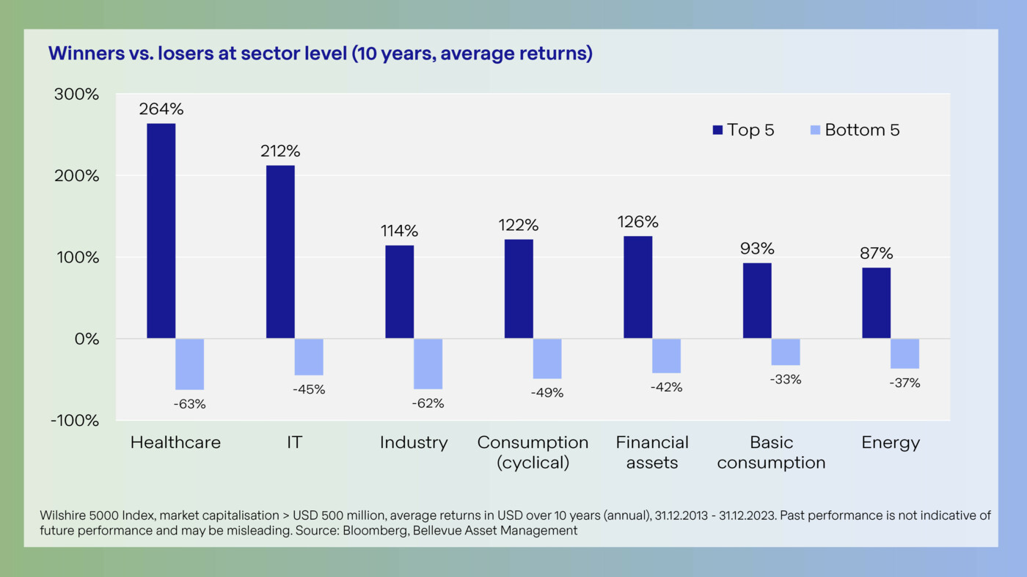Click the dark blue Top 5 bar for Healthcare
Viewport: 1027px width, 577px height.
pos(161,231)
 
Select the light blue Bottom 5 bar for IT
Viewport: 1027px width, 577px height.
pos(309,357)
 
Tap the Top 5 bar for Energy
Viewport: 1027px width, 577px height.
pos(876,303)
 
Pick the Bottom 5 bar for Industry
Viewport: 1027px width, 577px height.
pos(428,364)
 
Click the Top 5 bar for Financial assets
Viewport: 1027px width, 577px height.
pos(637,287)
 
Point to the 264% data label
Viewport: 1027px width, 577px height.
pos(161,109)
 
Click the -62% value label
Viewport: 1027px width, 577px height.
pos(428,403)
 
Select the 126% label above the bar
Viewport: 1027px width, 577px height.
pos(637,221)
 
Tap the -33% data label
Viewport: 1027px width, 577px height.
pos(786,380)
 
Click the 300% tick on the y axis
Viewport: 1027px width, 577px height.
pos(77,95)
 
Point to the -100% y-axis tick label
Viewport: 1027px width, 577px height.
pos(75,420)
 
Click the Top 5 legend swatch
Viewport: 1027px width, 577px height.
pos(718,131)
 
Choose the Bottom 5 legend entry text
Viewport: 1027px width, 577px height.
pos(862,131)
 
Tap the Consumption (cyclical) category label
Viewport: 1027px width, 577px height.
pos(533,452)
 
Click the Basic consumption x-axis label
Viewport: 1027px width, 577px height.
pos(771,452)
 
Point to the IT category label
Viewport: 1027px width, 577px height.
pos(294,443)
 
